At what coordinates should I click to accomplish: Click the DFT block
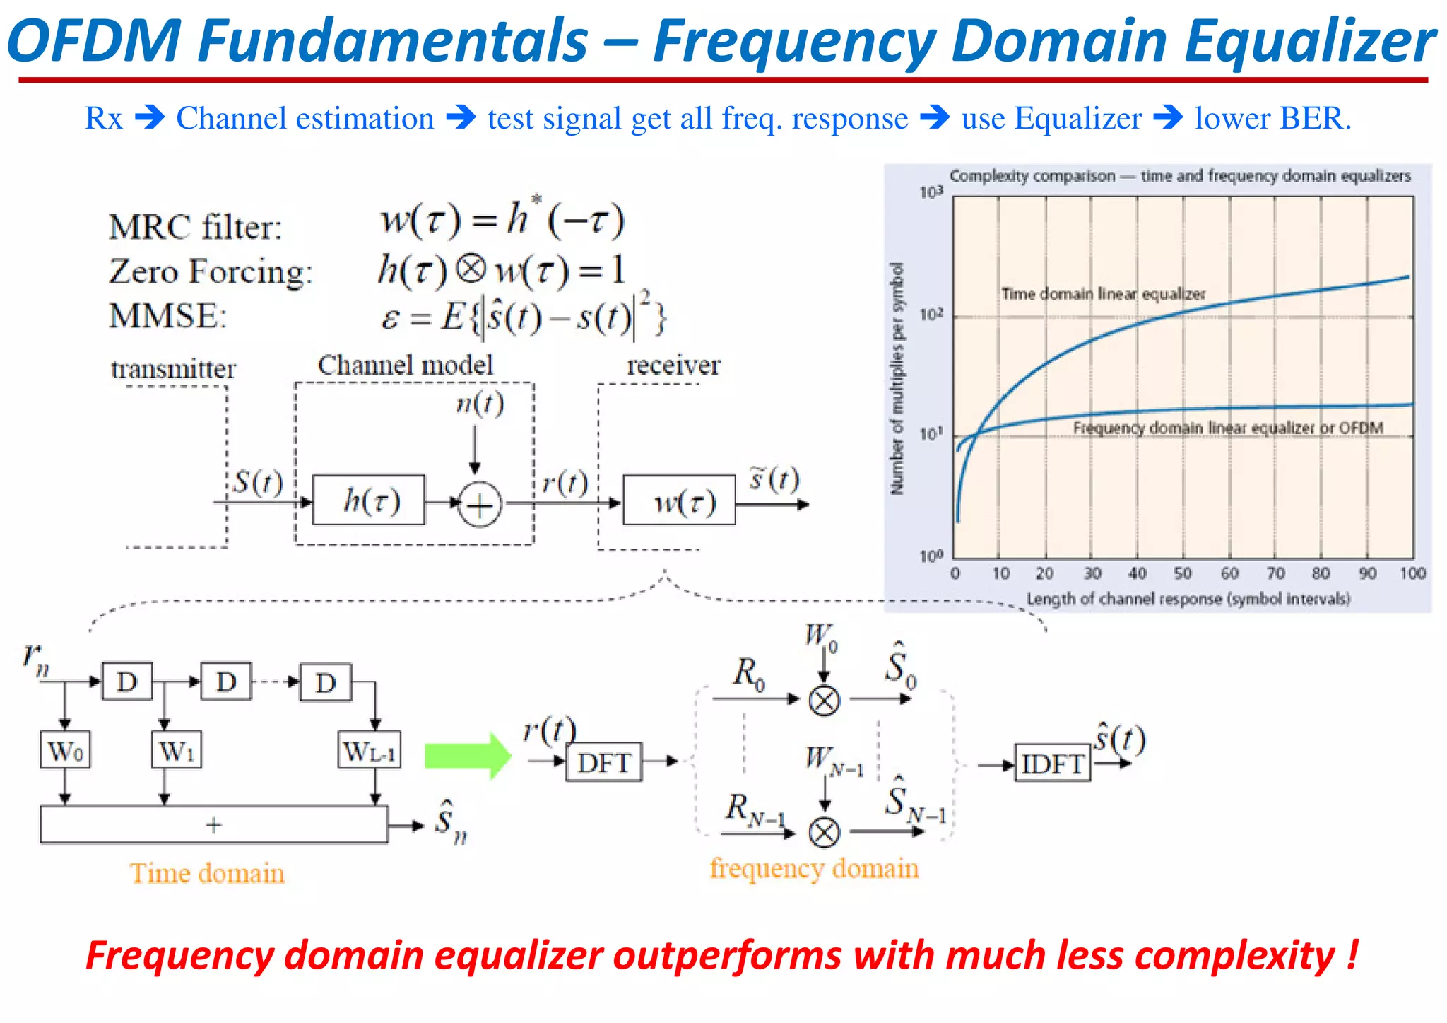(603, 762)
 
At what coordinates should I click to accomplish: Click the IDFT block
(1052, 763)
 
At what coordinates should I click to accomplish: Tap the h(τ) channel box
(369, 501)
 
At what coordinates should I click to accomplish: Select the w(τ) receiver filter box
(679, 501)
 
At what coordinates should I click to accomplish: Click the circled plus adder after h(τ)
(480, 505)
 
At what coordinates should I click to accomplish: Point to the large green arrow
(468, 756)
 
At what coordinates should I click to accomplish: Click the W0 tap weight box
(65, 750)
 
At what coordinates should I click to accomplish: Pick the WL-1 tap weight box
(370, 750)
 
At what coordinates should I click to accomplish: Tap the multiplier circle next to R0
(824, 701)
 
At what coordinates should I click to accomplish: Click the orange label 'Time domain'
(207, 874)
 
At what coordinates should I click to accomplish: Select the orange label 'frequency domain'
(814, 868)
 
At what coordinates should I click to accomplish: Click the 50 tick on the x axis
(1183, 573)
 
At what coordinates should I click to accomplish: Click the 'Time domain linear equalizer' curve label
(1103, 294)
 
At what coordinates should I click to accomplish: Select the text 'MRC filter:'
(195, 228)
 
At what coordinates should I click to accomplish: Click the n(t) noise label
(480, 404)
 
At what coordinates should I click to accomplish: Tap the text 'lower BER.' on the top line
(1272, 118)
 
